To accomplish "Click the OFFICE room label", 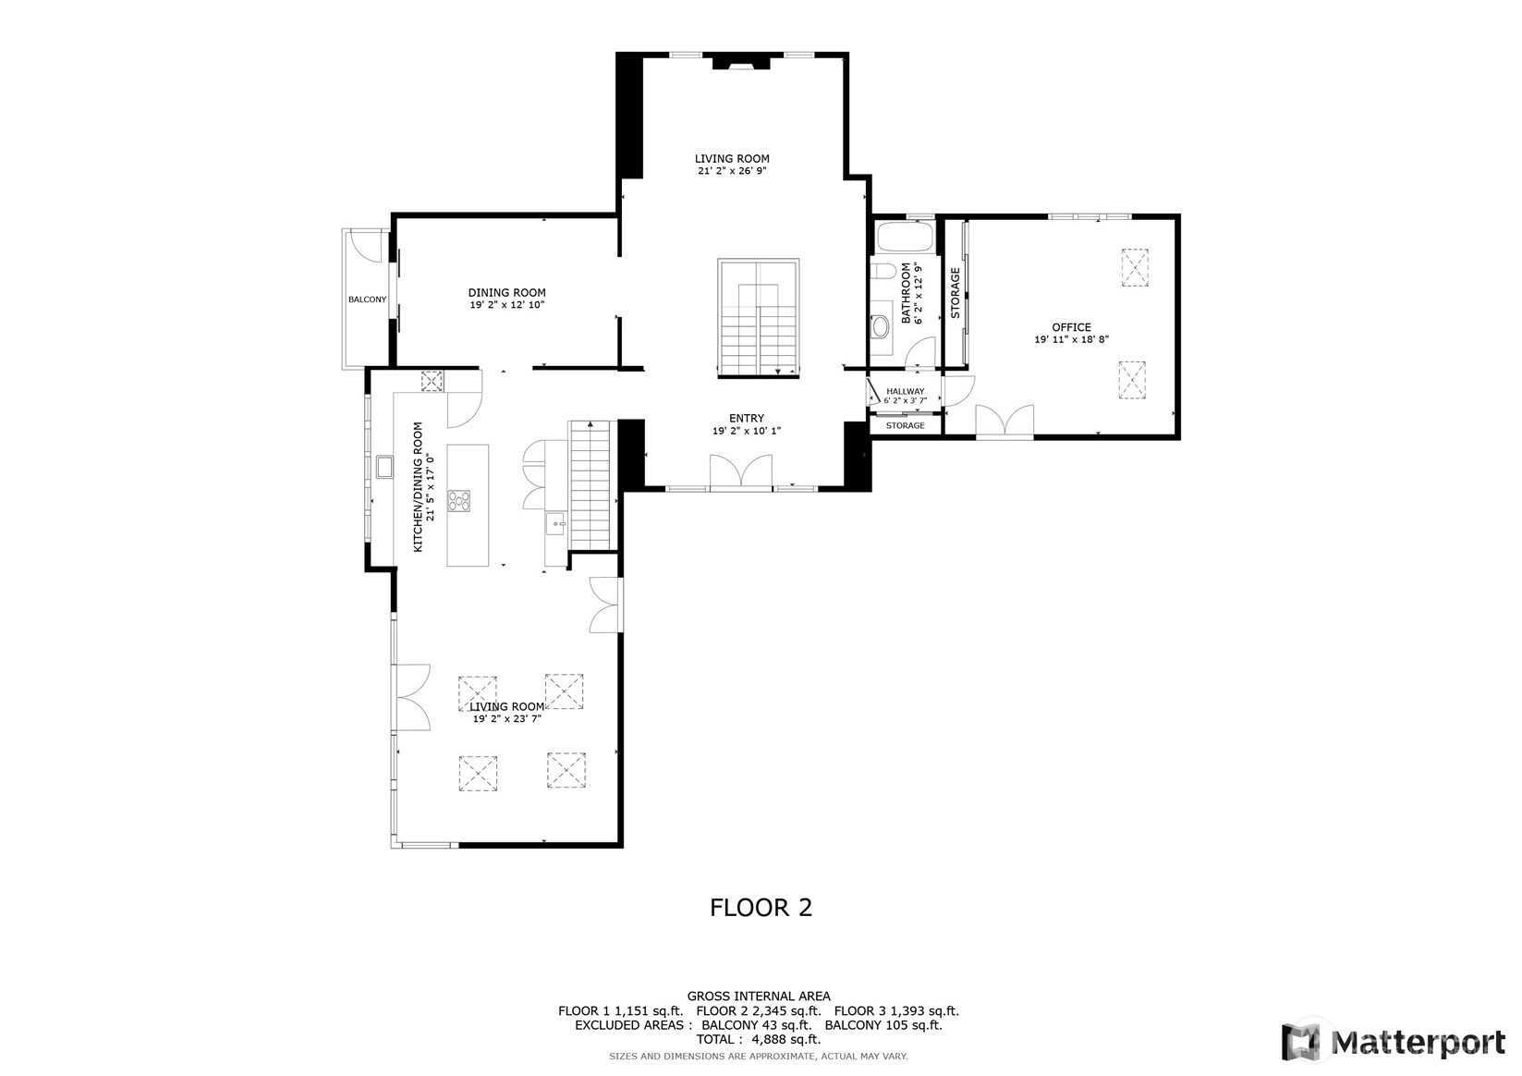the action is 1072,327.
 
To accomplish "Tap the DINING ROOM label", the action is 507,293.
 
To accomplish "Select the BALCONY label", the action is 368,300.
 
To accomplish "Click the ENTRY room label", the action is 747,419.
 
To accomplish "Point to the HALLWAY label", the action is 905,392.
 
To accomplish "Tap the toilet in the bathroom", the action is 883,272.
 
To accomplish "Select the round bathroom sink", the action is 882,327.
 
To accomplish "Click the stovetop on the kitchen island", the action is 458,501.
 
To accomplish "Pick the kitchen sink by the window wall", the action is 384,467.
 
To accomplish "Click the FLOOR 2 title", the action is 761,908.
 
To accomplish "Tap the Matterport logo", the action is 1394,1042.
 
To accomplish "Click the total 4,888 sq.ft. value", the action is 785,1039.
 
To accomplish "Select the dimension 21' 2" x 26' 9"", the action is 733,171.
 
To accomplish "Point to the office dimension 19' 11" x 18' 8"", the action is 1072,339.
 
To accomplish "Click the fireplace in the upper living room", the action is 741,63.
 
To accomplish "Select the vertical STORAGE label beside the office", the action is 955,293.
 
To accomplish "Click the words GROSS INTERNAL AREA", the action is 759,997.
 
